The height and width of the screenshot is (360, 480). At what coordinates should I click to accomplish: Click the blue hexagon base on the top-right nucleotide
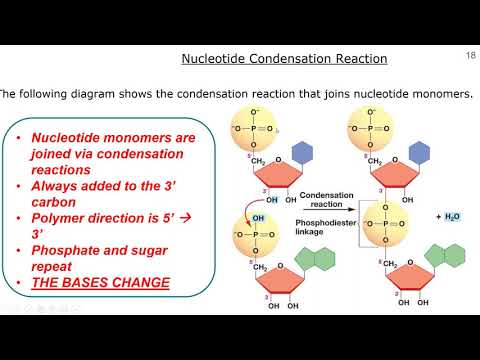click(421, 152)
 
